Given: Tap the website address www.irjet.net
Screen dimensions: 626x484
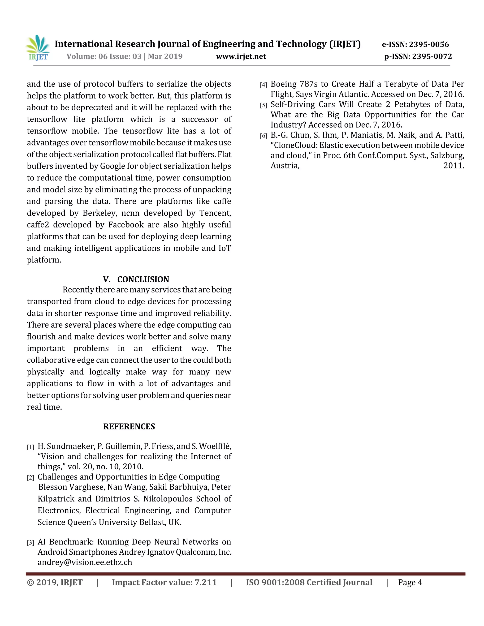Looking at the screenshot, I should tap(241, 56).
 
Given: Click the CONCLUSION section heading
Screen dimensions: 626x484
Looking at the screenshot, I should tap(143, 279).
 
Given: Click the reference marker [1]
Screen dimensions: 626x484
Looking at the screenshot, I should tap(30, 447).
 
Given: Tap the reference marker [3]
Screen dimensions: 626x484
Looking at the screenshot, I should tap(30, 543).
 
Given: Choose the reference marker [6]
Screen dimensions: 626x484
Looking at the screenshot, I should tap(263, 136).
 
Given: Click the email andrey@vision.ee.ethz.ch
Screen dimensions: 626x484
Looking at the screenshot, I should tap(85, 562).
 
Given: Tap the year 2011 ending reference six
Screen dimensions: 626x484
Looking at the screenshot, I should tap(454, 166).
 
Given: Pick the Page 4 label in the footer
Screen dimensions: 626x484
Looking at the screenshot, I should tap(410, 583).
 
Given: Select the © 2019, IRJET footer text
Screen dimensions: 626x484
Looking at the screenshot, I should tap(55, 583).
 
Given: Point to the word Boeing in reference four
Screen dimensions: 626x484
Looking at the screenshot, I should tap(283, 84).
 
